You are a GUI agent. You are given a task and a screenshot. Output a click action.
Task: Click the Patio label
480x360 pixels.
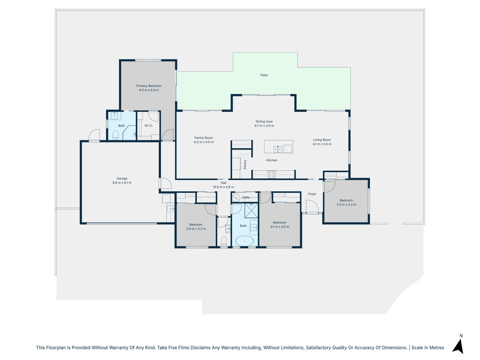[264, 75]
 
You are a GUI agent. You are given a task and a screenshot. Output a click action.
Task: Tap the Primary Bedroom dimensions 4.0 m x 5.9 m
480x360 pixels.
[149, 90]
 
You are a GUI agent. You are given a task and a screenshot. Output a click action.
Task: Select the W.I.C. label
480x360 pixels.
[149, 125]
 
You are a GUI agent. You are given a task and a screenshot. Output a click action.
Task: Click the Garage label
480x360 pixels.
[122, 178]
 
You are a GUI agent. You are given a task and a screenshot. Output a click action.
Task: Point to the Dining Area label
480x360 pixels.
[264, 122]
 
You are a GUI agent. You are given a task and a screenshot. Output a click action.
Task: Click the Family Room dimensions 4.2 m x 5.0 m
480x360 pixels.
[204, 142]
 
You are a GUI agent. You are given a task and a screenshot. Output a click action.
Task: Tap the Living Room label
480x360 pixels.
[322, 140]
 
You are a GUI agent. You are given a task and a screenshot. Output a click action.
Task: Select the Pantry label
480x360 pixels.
[245, 164]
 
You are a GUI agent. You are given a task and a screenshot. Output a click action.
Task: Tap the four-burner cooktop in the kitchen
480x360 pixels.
[272, 175]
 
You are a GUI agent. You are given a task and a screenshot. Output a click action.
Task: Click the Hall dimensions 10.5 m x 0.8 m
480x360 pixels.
[223, 187]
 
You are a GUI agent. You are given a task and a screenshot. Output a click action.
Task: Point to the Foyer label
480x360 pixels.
[312, 194]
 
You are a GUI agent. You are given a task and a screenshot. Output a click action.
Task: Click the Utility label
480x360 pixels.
[245, 198]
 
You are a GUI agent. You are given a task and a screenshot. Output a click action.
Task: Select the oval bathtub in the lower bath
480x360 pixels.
[244, 241]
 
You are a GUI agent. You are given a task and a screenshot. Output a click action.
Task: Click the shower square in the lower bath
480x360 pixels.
[251, 211]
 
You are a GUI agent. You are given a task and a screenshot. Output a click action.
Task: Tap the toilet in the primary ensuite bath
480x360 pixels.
[115, 135]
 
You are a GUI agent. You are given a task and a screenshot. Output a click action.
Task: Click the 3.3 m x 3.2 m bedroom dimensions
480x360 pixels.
[346, 205]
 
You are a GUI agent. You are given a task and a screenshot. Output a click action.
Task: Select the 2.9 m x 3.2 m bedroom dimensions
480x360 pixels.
[196, 229]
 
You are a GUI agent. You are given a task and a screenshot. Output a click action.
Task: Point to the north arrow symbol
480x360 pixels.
[458, 346]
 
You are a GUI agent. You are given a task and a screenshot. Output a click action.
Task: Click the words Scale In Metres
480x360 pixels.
[427, 348]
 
